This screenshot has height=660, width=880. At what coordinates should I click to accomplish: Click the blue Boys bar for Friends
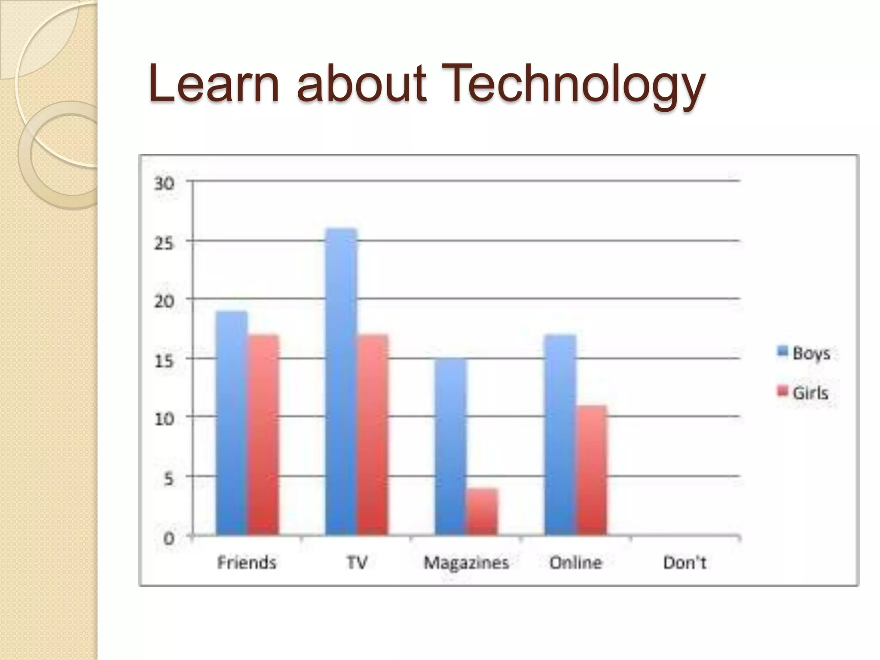tap(232, 423)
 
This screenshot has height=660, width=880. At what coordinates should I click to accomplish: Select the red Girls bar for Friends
tap(263, 435)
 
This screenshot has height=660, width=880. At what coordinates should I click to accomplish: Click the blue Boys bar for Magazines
tap(451, 447)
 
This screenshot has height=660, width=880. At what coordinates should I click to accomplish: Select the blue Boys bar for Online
tap(560, 435)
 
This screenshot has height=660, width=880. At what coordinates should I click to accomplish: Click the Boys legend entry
tap(804, 353)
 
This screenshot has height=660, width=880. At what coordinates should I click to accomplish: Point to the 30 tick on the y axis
tap(165, 184)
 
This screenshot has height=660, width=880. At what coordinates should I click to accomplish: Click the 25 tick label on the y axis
tap(165, 243)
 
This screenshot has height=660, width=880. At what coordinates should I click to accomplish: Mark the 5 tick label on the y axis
tap(169, 479)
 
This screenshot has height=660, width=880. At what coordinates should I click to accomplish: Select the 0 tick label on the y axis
tap(169, 538)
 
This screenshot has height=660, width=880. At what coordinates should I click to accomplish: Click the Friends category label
tap(247, 562)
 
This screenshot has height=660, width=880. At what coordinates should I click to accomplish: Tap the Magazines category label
tap(466, 562)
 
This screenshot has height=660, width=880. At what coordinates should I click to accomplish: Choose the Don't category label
tap(684, 562)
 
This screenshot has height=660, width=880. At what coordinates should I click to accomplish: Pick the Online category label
tap(576, 562)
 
